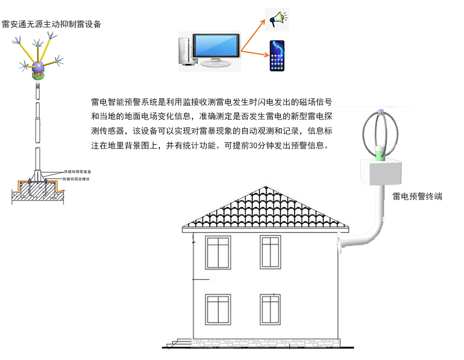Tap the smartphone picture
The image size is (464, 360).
click(x=276, y=56)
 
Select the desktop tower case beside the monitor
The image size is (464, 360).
click(x=185, y=51)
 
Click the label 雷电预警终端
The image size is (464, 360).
click(x=417, y=197)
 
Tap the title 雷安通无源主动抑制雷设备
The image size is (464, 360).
click(x=51, y=24)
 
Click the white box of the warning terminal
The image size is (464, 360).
click(x=382, y=172)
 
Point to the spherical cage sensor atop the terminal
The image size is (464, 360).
click(x=381, y=130)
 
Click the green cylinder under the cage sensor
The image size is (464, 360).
click(x=381, y=154)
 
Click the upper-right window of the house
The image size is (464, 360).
click(x=270, y=252)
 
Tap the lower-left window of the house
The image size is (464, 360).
click(x=218, y=310)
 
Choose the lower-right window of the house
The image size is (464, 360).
click(x=270, y=310)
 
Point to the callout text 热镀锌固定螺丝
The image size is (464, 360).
click(x=76, y=179)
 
